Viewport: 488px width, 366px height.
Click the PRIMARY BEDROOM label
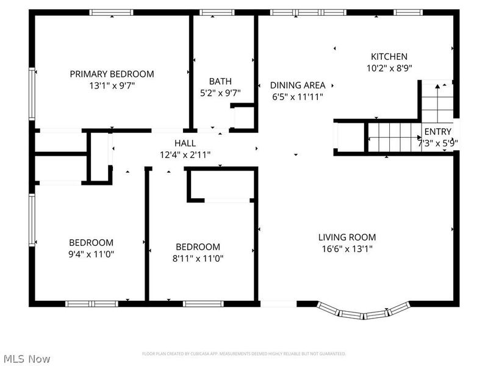[x=112, y=74]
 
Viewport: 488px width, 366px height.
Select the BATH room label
[x=220, y=81]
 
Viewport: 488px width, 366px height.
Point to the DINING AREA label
[x=298, y=85]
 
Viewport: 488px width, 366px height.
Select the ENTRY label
[x=438, y=132]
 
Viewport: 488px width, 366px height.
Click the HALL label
[x=185, y=143]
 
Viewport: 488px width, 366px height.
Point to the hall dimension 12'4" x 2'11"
[x=185, y=154]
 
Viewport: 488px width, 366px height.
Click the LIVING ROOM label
[x=347, y=237]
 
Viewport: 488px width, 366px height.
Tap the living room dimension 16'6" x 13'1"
[x=347, y=249]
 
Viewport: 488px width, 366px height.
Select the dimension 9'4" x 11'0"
[x=91, y=254]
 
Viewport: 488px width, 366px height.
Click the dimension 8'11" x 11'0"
[x=198, y=258]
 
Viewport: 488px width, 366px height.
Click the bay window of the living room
[x=365, y=314]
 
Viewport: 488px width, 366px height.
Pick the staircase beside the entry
[x=393, y=137]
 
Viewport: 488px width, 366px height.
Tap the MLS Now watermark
[x=27, y=359]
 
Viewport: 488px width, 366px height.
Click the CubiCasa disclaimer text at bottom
[x=244, y=353]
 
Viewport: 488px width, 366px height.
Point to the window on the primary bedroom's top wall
[x=112, y=12]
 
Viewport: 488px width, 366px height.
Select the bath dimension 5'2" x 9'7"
[x=220, y=93]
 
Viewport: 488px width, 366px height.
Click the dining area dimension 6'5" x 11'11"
[x=298, y=96]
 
